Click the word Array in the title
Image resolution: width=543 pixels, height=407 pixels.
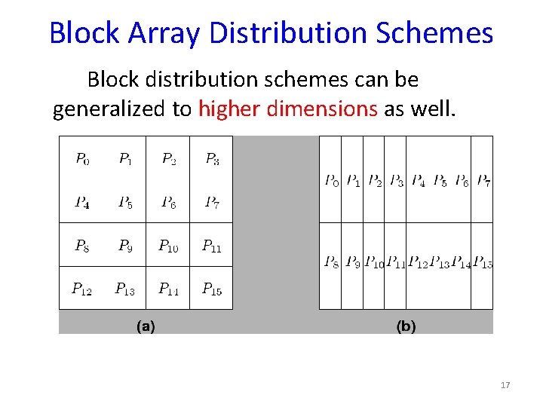[164, 33]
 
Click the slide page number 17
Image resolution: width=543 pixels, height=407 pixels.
[505, 386]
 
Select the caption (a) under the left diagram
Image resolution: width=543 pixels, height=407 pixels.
[146, 326]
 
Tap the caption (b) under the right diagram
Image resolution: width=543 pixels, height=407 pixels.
[406, 326]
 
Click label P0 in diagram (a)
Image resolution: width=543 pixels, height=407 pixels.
[82, 159]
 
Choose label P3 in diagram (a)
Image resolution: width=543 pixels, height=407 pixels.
[213, 159]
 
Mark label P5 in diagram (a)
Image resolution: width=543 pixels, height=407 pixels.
[126, 202]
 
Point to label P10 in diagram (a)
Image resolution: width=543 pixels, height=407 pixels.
[168, 246]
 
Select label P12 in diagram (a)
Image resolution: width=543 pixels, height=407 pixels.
[81, 289]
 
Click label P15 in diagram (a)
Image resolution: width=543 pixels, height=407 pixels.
[212, 289]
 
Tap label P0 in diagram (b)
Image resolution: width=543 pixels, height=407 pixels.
[331, 181]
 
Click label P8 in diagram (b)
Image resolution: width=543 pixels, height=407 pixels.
[331, 262]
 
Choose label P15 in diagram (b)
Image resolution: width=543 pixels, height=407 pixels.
[483, 262]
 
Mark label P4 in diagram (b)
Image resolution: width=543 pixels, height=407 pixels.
[418, 181]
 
